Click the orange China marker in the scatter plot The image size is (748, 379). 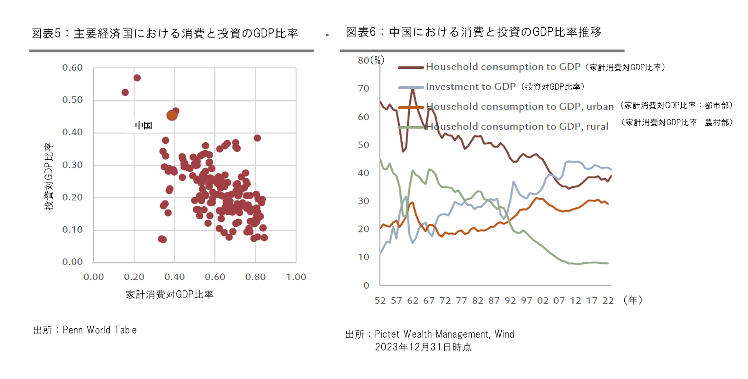pos(172,115)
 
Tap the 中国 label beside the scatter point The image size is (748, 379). pos(143,125)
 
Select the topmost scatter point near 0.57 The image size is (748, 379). pos(137,78)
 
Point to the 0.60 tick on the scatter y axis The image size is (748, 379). pos(72,67)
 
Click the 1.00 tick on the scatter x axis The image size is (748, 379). pos(296,277)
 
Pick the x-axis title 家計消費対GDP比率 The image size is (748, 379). pos(170,295)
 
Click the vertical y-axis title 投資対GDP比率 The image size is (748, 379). pos(49,176)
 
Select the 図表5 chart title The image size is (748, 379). pos(164,33)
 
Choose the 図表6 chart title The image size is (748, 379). pos(474,32)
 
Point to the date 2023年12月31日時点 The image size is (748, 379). pos(423,347)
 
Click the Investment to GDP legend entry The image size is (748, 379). pos(470,87)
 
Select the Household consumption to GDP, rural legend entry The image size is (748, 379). pos(517,127)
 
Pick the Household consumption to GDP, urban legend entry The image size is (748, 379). pos(520,107)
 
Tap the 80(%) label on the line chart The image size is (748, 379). pos(371,60)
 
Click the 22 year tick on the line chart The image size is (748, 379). pos(608,301)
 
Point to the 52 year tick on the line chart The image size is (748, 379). pos(380,301)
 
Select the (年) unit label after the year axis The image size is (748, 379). pos(633,300)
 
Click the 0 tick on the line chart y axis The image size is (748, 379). pos(366,286)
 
